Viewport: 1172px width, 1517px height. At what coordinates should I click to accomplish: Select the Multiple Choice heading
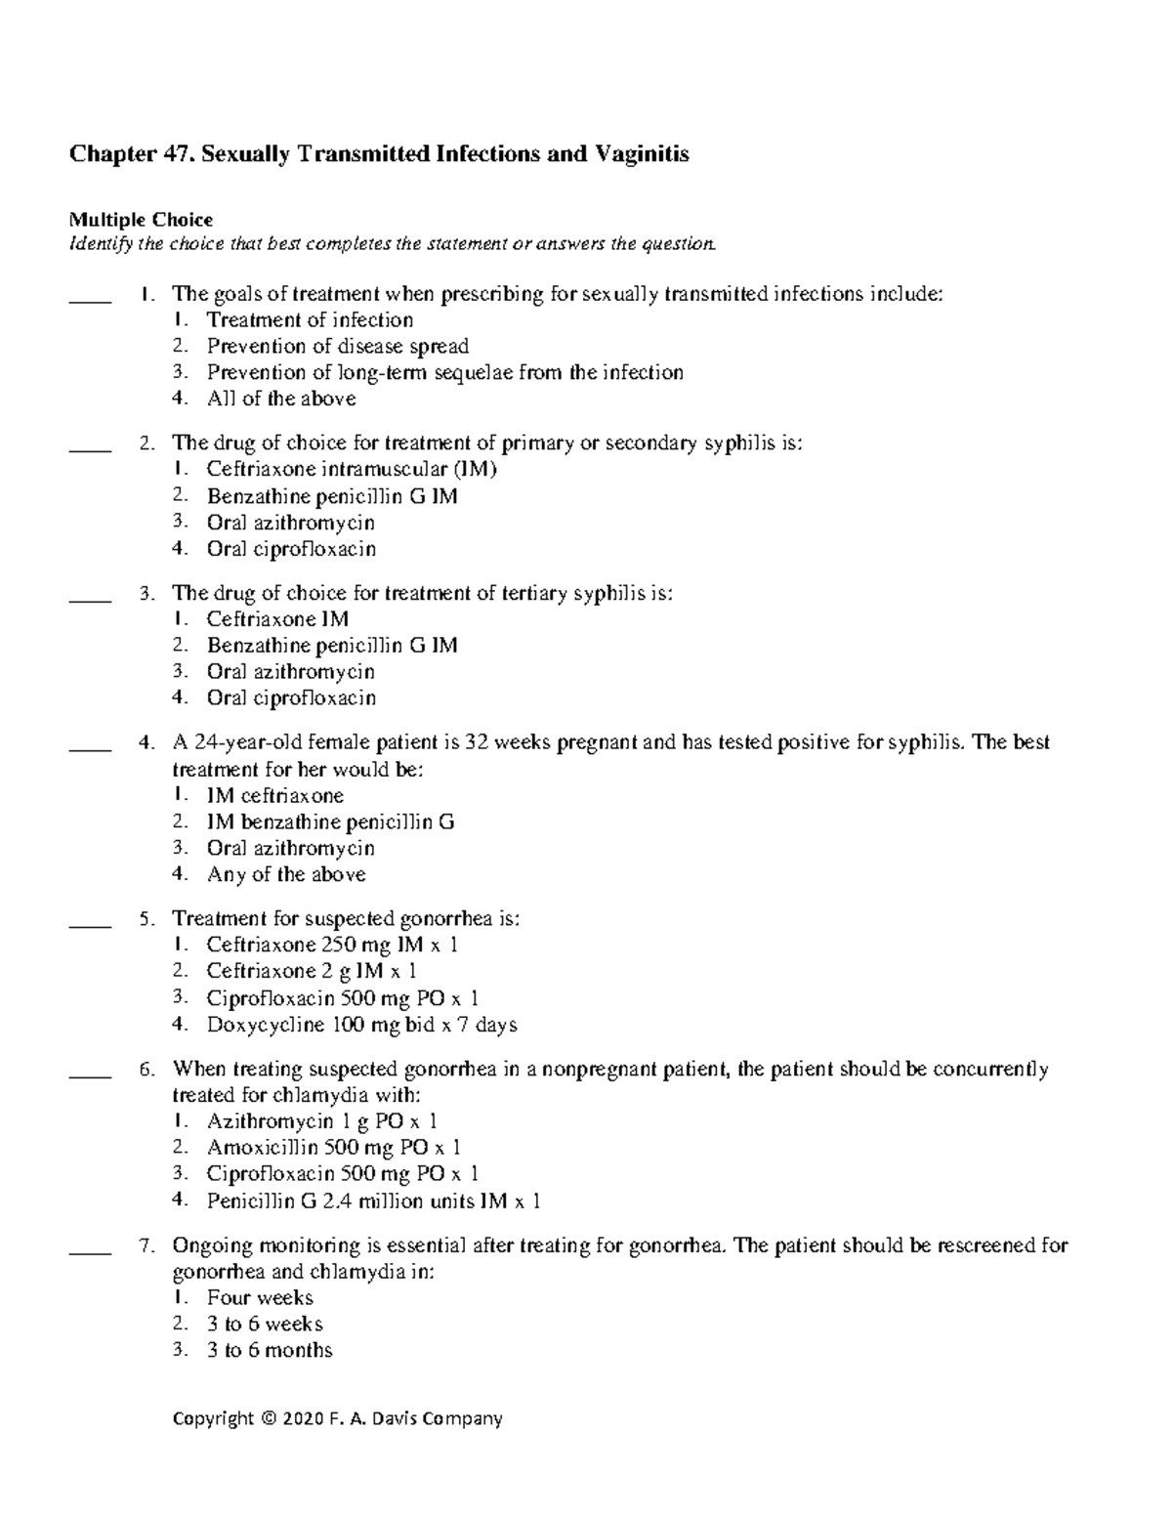click(140, 220)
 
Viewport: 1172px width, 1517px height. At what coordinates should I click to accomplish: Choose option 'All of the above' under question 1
click(281, 399)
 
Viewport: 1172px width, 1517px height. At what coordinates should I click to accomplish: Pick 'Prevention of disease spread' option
click(337, 346)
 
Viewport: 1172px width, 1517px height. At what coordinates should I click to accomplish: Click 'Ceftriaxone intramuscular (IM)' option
click(352, 470)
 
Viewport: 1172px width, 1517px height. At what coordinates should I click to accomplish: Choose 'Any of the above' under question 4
click(286, 874)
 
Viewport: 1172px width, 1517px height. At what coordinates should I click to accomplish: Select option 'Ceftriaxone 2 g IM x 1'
click(312, 971)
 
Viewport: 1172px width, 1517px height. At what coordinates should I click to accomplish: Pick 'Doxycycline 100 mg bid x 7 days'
click(361, 1025)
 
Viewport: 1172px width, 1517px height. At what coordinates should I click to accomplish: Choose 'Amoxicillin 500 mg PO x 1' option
click(333, 1148)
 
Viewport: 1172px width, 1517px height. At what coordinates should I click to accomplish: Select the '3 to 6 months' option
click(270, 1350)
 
